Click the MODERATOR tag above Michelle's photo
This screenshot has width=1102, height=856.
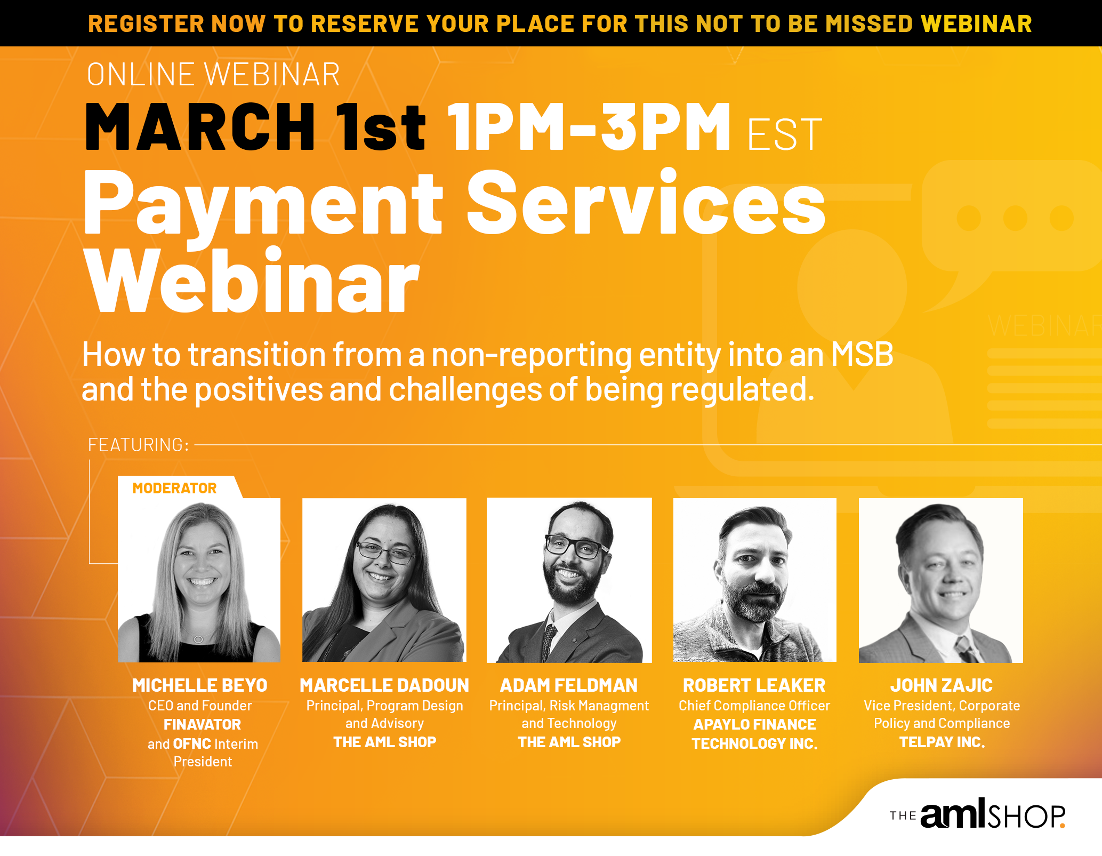[174, 488]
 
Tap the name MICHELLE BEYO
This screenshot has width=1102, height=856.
[199, 685]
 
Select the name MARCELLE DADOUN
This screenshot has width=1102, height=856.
[384, 685]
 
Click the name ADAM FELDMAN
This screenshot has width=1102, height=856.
[568, 685]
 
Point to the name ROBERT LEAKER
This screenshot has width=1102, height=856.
[754, 685]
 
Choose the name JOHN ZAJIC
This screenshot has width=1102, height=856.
[941, 685]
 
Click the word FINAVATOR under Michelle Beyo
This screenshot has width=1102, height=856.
[202, 724]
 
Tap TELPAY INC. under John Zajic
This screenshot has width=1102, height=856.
[942, 742]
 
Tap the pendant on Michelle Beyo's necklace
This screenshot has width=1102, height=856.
[198, 639]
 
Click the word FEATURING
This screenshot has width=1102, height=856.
[138, 445]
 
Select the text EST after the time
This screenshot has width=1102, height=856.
[784, 134]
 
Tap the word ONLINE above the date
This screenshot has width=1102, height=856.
[140, 74]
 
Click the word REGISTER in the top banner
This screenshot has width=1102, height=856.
[146, 24]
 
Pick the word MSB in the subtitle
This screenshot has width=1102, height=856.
[862, 354]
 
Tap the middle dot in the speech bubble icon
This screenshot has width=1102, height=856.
[1015, 218]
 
